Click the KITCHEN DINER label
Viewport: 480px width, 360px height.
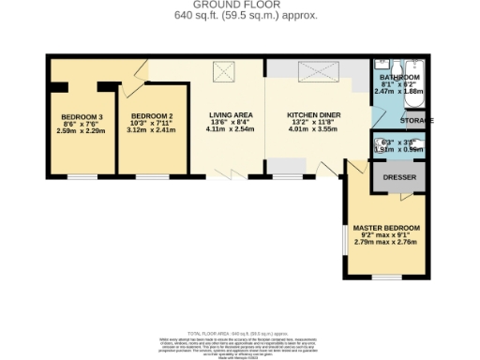[313, 115]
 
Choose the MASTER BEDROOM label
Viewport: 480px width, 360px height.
[386, 228]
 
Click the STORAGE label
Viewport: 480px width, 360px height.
[417, 121]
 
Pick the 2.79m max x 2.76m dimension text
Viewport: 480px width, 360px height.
[386, 243]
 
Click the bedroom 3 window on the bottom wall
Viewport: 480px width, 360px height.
[82, 176]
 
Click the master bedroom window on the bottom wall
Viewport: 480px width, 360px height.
[386, 277]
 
